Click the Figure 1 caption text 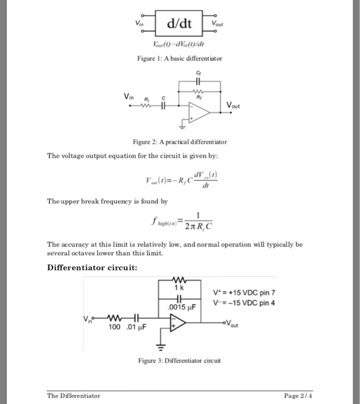pos(179,58)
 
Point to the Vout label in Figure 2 pos(235,106)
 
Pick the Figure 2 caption pos(180,141)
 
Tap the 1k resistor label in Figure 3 pos(180,287)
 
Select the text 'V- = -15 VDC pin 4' pos(243,303)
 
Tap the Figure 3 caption pos(179,361)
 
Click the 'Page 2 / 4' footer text pos(298,395)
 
